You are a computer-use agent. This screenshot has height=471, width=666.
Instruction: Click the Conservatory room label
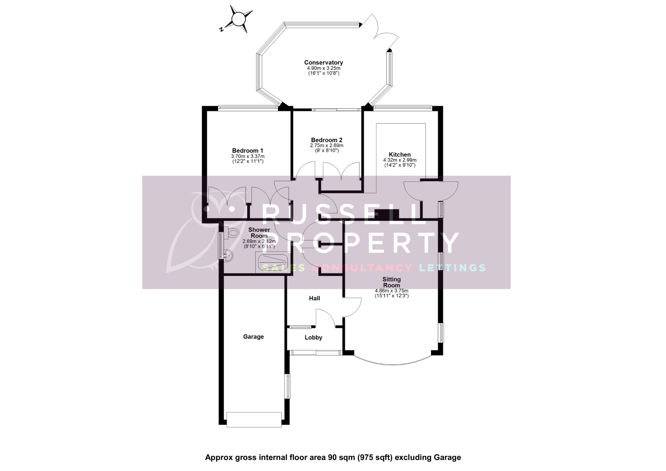(x=323, y=62)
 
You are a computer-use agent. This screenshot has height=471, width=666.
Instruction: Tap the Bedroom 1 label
(x=247, y=151)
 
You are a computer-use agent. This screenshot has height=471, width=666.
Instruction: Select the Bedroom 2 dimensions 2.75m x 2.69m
(x=326, y=145)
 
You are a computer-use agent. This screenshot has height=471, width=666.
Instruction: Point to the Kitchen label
(x=399, y=155)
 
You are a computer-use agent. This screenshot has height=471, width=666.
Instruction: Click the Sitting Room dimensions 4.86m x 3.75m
(x=391, y=290)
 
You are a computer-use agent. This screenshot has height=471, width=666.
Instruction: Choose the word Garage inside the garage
(x=253, y=337)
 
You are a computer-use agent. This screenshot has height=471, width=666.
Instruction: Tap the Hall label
(x=315, y=298)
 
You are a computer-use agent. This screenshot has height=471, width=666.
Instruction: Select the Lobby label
(x=313, y=338)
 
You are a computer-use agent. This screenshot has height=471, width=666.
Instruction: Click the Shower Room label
(x=259, y=232)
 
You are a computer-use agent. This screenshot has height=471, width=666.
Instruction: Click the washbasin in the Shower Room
(x=228, y=255)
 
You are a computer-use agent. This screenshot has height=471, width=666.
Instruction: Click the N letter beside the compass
(x=221, y=29)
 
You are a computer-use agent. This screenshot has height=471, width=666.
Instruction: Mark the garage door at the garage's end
(x=254, y=420)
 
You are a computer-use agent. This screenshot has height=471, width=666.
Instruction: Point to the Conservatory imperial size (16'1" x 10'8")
(x=323, y=73)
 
